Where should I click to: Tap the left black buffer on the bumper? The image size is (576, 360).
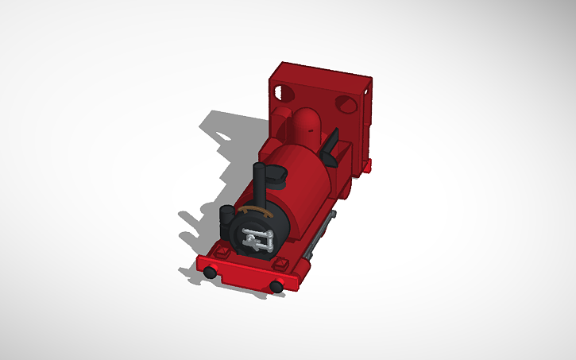click(209, 273)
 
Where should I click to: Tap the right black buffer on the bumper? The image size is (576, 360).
click(276, 286)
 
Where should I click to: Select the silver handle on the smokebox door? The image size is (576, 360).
click(257, 238)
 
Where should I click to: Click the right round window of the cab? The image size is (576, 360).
click(345, 103)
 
